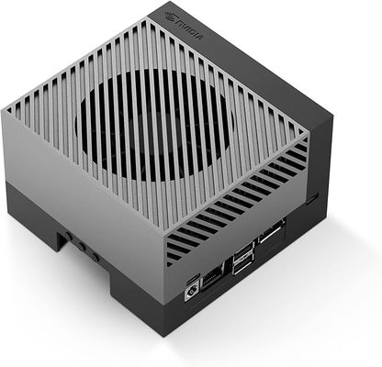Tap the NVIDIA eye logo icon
(x=164, y=15)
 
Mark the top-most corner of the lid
(x=148, y=11)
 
